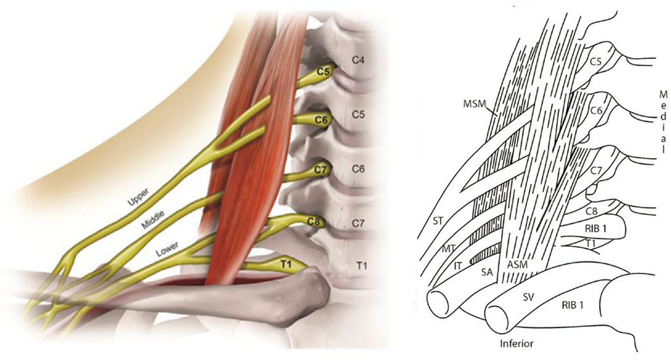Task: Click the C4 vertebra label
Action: point(358,61)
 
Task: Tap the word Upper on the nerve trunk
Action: point(140,197)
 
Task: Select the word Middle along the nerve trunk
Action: point(153,220)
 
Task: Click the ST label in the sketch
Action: point(438,221)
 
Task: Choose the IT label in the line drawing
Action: point(458,266)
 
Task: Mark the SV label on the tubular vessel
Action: point(528,297)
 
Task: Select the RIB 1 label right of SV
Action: point(573,305)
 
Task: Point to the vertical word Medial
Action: point(662,122)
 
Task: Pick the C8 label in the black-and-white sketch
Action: point(591,211)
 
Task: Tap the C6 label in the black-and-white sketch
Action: point(596,110)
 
